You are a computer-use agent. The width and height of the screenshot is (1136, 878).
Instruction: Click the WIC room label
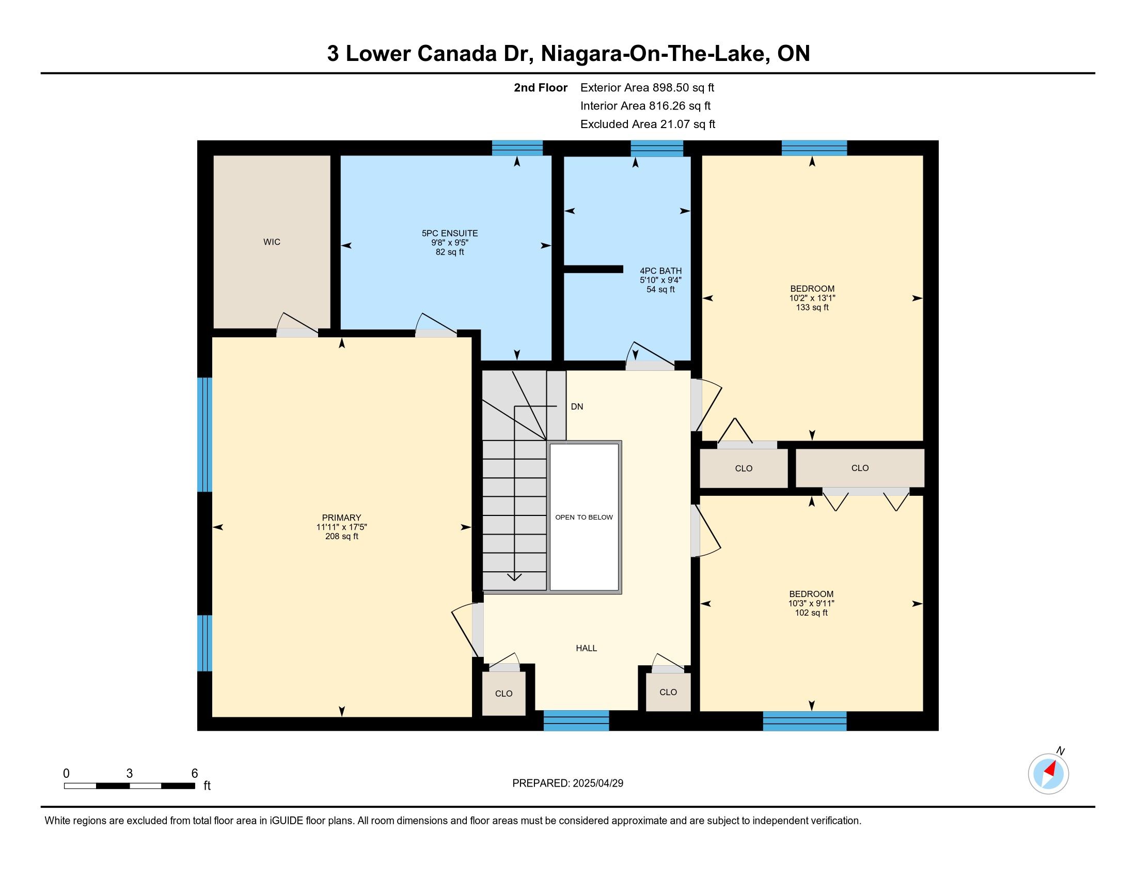click(x=272, y=242)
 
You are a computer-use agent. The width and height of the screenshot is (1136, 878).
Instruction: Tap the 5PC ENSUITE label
click(x=450, y=233)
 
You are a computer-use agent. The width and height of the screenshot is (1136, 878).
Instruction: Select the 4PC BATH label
click(x=660, y=271)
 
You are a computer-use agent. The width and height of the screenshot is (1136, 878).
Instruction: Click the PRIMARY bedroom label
click(x=341, y=518)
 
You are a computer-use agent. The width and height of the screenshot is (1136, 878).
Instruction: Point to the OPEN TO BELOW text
click(x=584, y=517)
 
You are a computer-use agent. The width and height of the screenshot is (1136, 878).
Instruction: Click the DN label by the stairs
click(x=577, y=407)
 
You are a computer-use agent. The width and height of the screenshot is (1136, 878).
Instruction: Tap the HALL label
click(x=586, y=648)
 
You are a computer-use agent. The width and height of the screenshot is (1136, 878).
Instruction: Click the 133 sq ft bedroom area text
click(x=812, y=307)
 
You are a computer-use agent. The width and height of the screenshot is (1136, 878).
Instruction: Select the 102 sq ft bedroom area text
click(x=811, y=613)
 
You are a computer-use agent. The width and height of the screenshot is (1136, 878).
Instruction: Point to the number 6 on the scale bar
click(x=195, y=774)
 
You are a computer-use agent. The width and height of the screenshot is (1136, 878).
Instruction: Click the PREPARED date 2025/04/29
click(x=598, y=783)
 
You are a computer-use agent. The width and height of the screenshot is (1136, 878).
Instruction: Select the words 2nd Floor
click(x=541, y=87)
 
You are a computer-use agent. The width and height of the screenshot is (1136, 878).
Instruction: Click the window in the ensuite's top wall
click(x=517, y=148)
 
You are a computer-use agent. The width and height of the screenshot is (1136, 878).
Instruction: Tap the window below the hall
click(x=576, y=720)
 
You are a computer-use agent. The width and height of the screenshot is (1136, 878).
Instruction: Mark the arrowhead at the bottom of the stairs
click(x=514, y=576)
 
